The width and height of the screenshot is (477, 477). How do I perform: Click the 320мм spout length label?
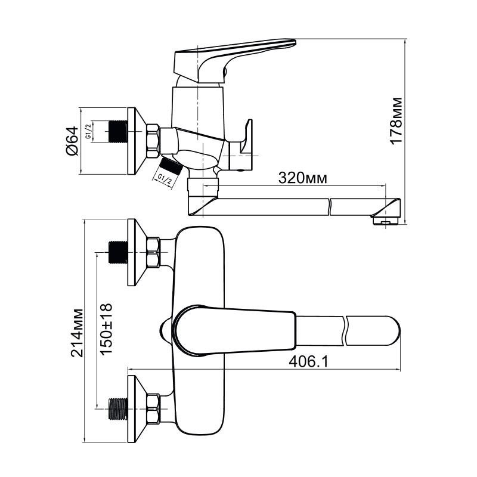tap(301, 178)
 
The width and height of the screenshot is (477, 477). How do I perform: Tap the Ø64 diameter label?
tap(71, 141)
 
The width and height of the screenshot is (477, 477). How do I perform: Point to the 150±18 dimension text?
tap(106, 330)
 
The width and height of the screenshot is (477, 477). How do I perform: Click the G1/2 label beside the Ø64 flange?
tap(88, 132)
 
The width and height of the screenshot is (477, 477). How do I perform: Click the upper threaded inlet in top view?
tap(117, 252)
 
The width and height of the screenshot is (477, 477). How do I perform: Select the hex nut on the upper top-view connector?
tap(153, 252)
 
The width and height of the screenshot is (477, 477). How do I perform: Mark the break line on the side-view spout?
tap(330, 206)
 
